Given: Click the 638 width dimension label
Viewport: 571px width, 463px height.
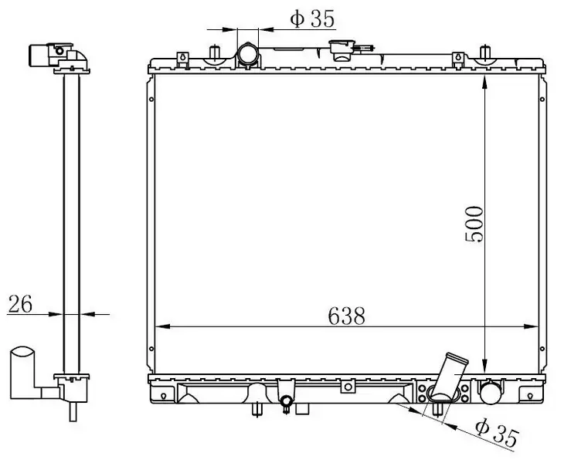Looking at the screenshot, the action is click(346, 316).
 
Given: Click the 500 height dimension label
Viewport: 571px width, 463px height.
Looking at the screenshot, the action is click(474, 224).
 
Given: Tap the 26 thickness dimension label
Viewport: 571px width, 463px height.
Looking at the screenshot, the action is click(20, 304).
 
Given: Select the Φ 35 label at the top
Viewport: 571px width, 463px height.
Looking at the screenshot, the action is click(312, 19).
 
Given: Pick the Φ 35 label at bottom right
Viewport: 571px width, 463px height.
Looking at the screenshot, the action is click(497, 432).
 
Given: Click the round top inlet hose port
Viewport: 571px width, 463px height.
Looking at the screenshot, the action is click(248, 55).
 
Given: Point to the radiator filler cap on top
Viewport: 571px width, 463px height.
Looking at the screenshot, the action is click(342, 50).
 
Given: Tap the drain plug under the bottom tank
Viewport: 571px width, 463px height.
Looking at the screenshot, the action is click(286, 402).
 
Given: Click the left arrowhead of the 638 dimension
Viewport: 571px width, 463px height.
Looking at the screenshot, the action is click(163, 326).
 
